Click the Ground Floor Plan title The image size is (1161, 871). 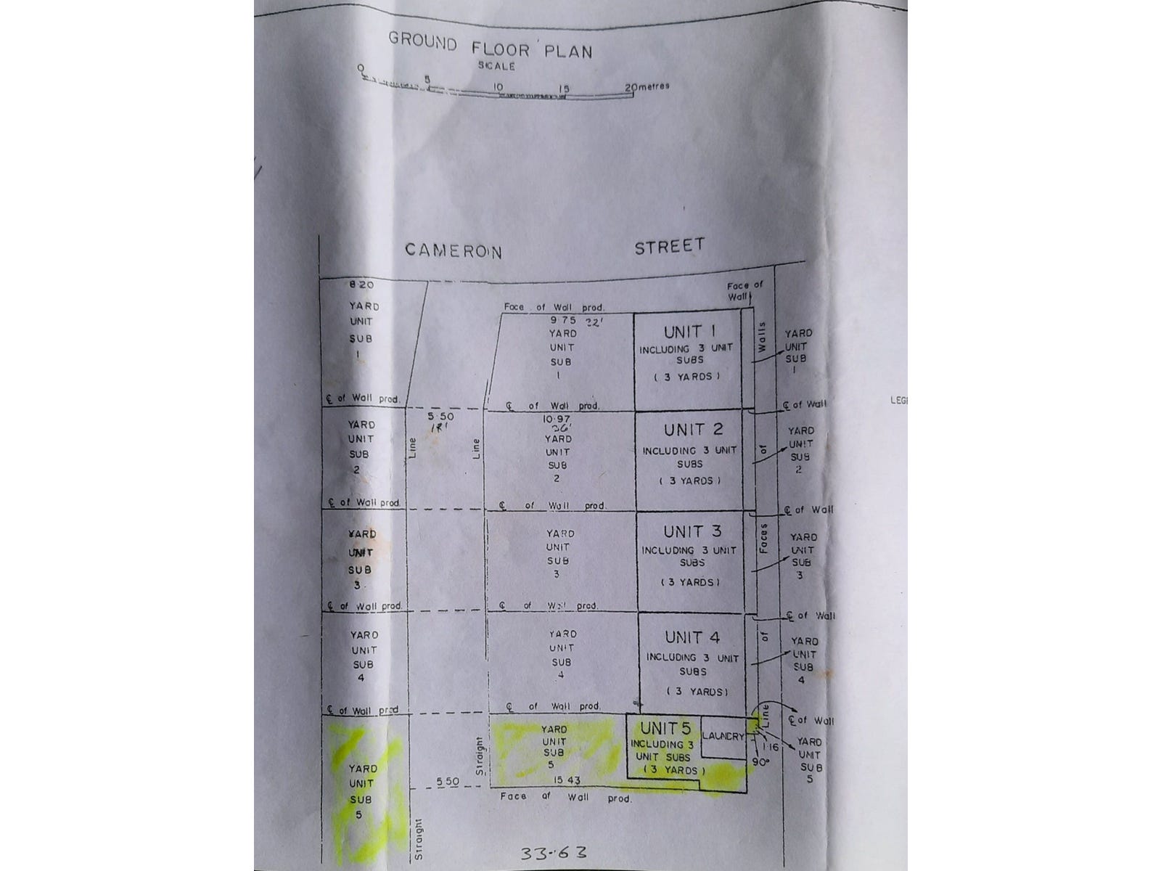pyautogui.click(x=491, y=45)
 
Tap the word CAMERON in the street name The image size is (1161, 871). pyautogui.click(x=453, y=250)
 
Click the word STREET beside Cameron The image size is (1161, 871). pyautogui.click(x=669, y=246)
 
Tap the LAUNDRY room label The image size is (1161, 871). pyautogui.click(x=723, y=736)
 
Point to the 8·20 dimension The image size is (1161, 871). pyautogui.click(x=361, y=285)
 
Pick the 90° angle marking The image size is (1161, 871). pyautogui.click(x=760, y=762)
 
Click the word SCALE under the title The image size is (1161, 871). pyautogui.click(x=496, y=66)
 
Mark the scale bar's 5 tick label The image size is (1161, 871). pyautogui.click(x=427, y=80)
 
